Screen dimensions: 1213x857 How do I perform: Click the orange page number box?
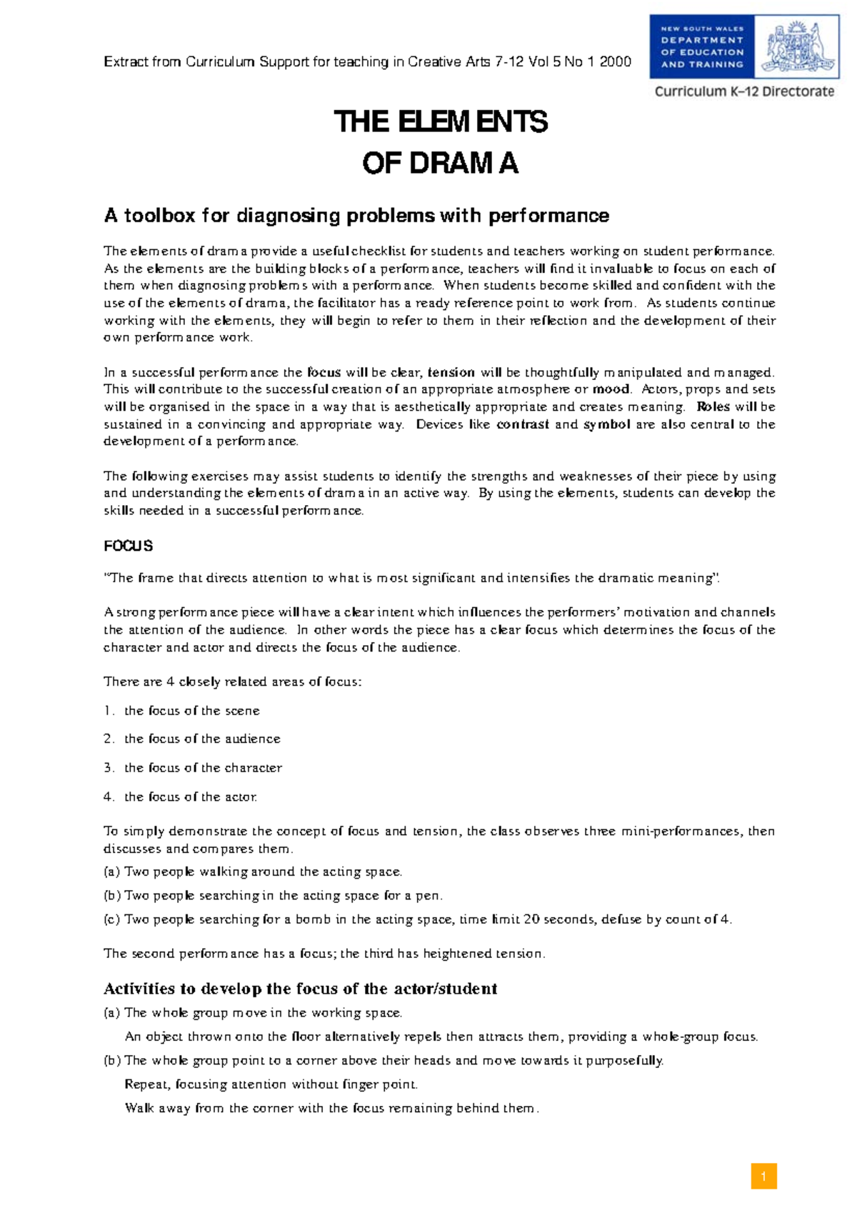[x=763, y=1176]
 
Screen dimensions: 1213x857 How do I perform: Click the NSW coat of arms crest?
[x=798, y=47]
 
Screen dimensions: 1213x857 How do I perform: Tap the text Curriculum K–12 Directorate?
[x=744, y=91]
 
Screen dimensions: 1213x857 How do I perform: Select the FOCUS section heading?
[x=128, y=546]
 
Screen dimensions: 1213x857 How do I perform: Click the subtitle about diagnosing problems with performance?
[x=356, y=215]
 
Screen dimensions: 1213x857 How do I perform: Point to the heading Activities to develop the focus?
[x=300, y=989]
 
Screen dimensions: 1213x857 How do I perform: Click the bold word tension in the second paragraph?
[x=451, y=372]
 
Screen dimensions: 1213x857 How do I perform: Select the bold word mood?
[x=611, y=389]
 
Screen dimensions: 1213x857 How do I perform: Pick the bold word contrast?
[x=523, y=424]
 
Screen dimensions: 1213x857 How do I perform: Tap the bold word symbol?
[x=607, y=424]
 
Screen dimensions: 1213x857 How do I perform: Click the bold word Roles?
[x=713, y=406]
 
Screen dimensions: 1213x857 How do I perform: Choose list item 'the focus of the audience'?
[x=202, y=739]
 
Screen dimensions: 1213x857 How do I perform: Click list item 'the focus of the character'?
[x=203, y=768]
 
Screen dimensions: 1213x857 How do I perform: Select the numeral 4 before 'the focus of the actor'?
[x=107, y=797]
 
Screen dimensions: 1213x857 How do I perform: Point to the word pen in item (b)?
[x=429, y=896]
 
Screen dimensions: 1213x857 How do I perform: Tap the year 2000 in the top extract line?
[x=615, y=62]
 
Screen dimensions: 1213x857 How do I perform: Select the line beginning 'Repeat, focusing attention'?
[x=271, y=1084]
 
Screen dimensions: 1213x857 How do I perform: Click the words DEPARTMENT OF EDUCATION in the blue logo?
[x=702, y=46]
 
